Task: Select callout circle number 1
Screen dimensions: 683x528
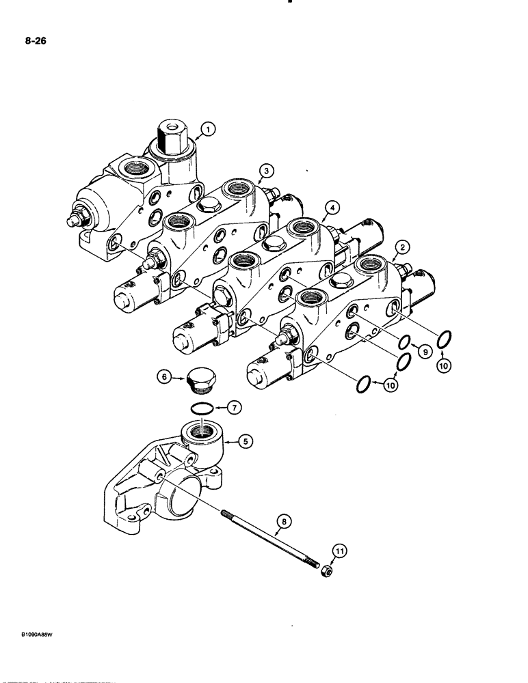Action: pos(207,128)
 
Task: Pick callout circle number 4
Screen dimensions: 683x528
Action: pos(330,207)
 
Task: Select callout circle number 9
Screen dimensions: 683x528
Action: pos(424,352)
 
